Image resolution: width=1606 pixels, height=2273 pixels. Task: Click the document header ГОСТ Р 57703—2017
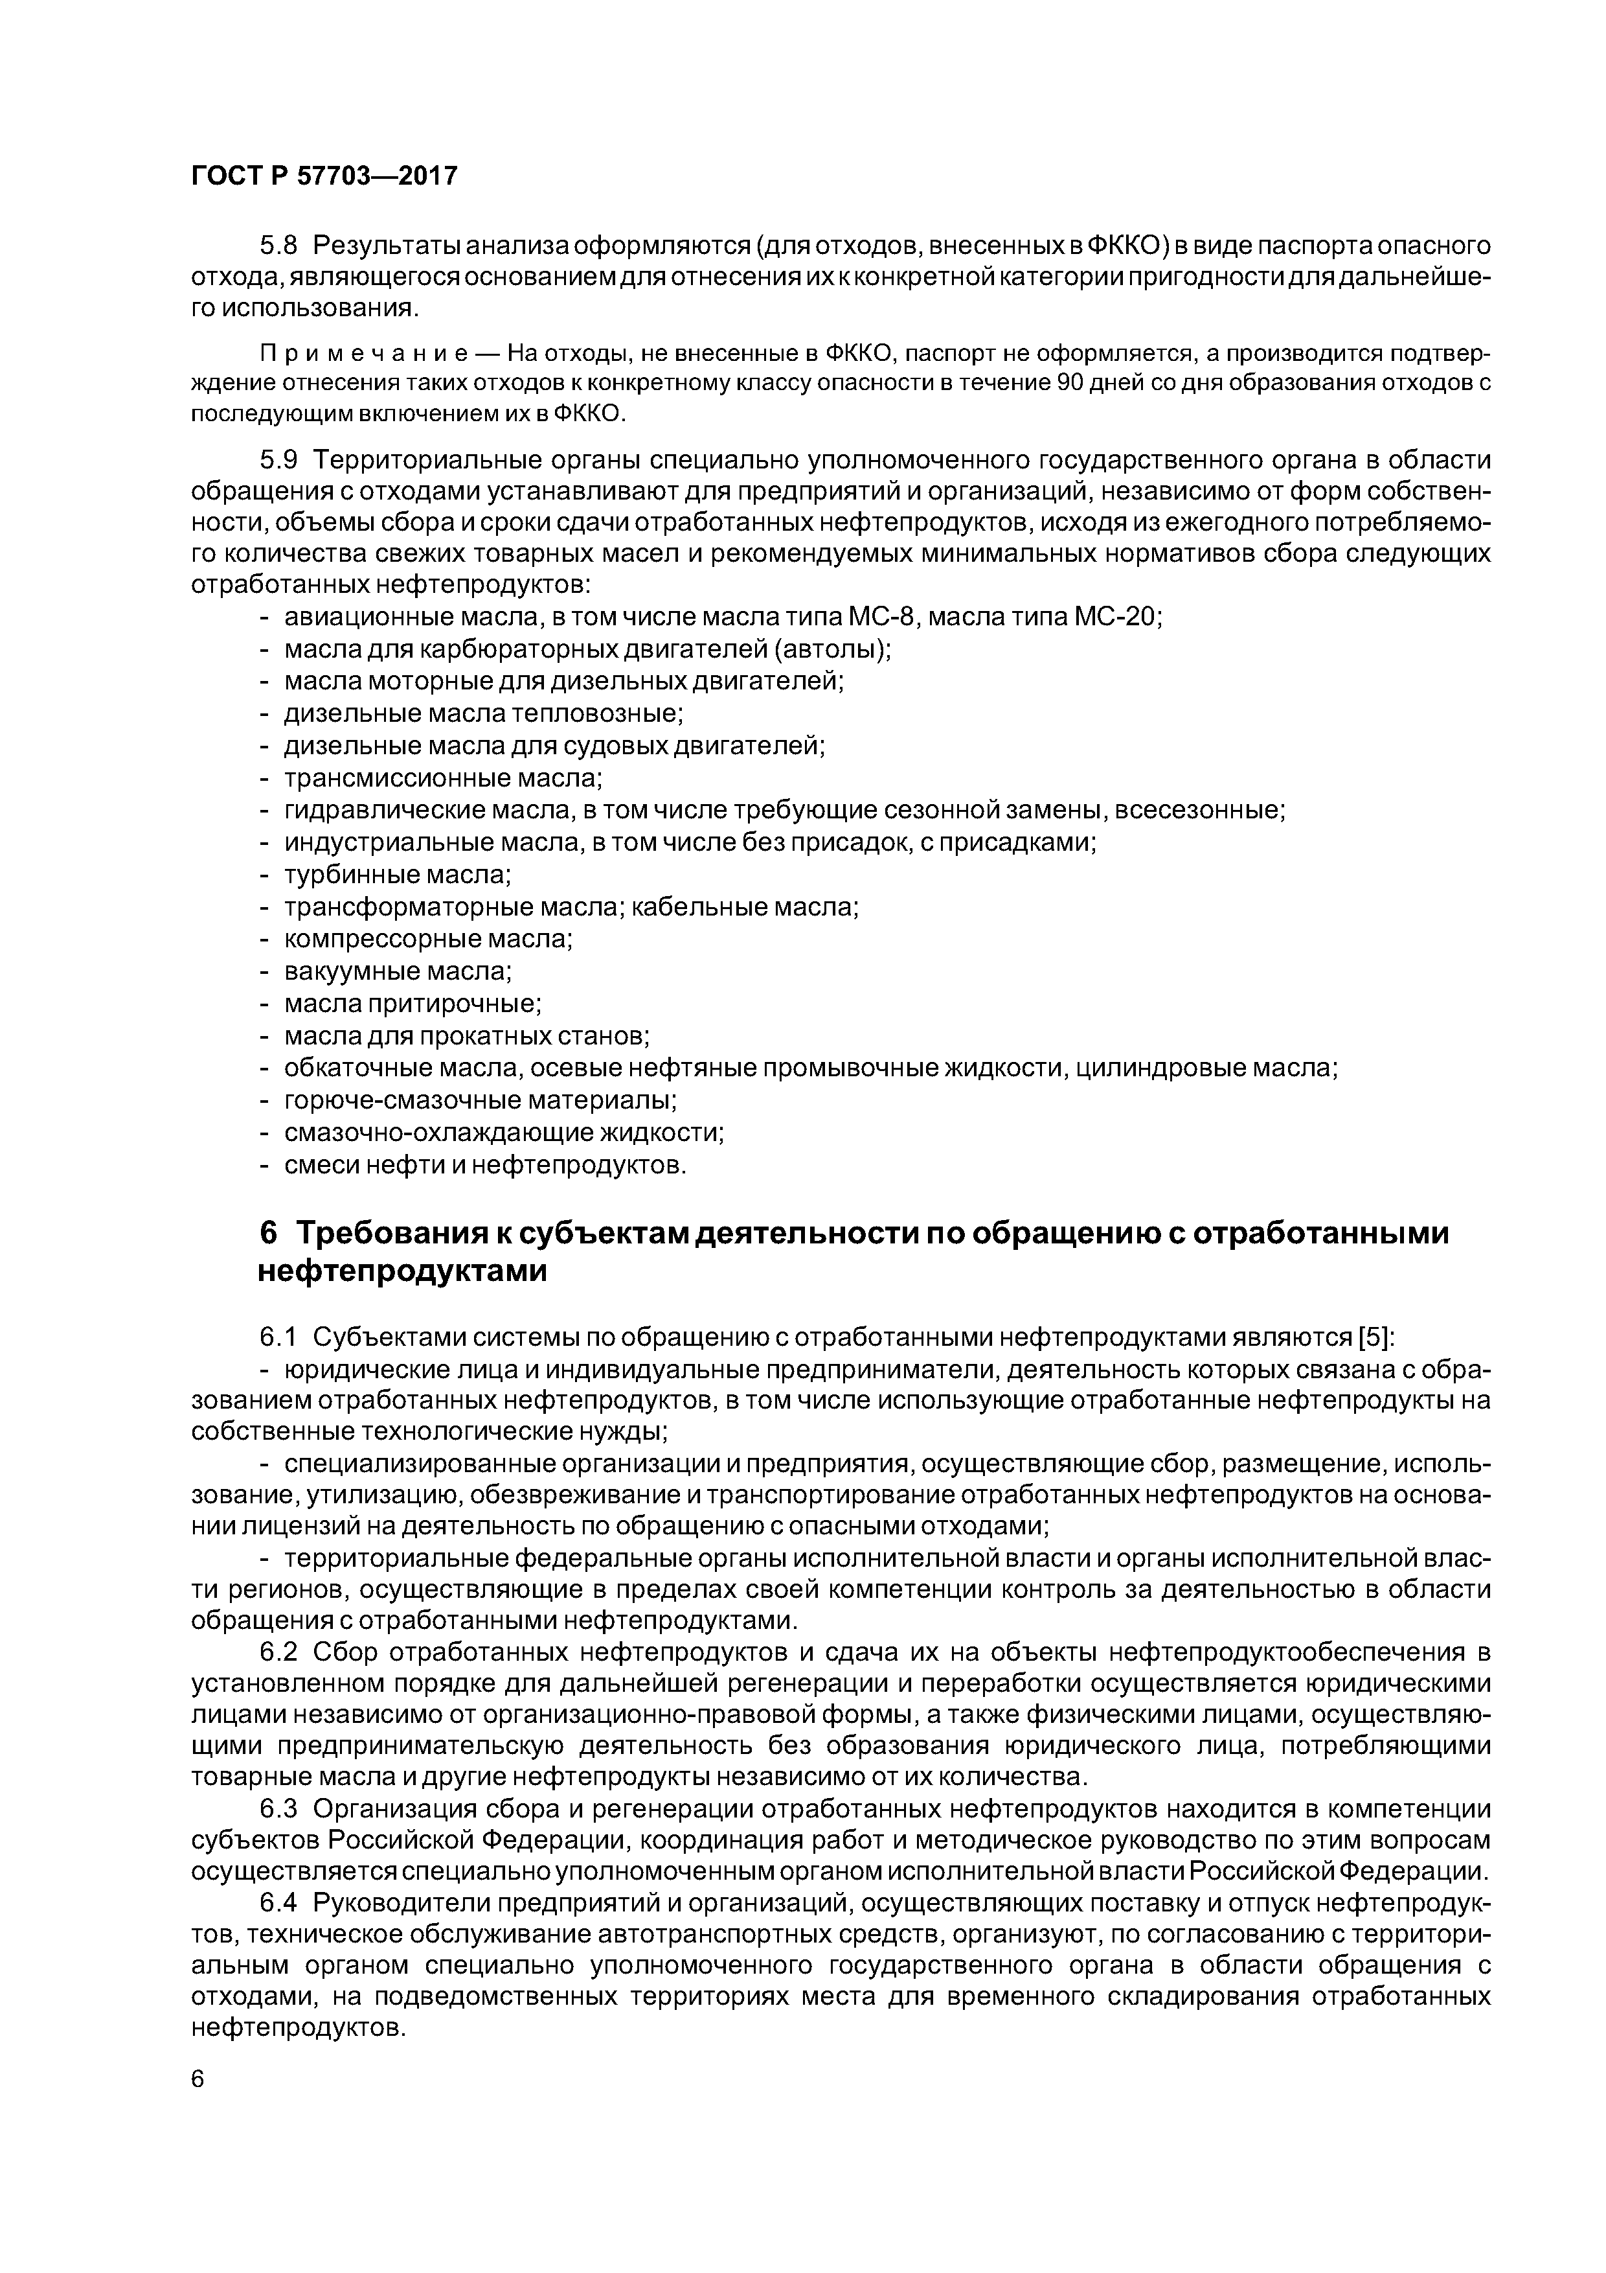click(x=324, y=176)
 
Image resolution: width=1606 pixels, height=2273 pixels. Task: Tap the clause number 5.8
click(x=278, y=246)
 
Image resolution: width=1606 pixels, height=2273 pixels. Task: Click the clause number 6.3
click(x=278, y=1808)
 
